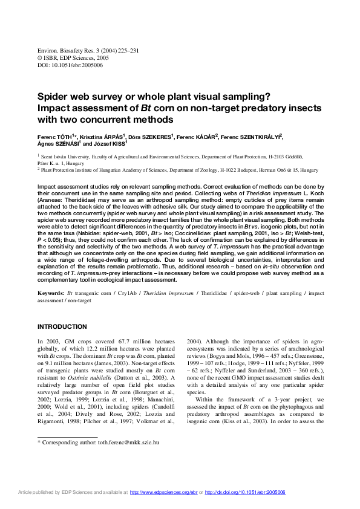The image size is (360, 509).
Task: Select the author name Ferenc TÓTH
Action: click(54, 137)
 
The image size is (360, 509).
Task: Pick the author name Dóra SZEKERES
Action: click(151, 137)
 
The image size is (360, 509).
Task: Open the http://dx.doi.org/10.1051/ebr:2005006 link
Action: click(245, 493)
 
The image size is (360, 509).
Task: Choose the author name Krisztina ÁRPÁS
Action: click(102, 137)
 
